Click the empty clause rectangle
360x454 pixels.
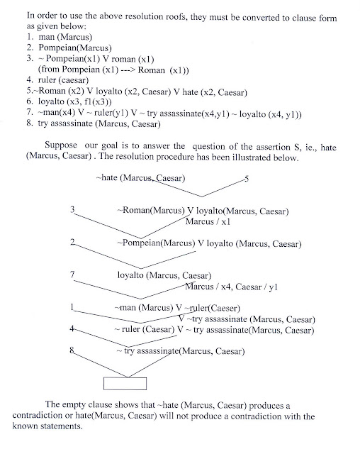click(x=125, y=383)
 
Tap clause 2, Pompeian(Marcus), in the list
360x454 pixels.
click(x=69, y=48)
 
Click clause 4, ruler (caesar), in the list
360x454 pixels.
click(x=57, y=79)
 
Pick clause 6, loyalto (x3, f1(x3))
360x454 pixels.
click(x=69, y=101)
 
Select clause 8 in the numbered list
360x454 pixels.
click(x=94, y=123)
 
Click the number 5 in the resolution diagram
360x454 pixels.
click(x=247, y=179)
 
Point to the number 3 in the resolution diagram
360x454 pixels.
click(x=72, y=209)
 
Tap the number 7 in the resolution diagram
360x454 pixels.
click(x=72, y=274)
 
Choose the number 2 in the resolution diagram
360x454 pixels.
click(x=72, y=242)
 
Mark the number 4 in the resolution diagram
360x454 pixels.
click(x=72, y=328)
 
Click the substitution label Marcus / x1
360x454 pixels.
click(x=208, y=221)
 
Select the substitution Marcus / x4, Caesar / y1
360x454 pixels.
click(x=231, y=287)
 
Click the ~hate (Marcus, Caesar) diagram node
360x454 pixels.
click(x=140, y=177)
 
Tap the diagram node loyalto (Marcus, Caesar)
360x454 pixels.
click(x=164, y=275)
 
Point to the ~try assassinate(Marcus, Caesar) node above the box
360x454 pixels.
click(x=181, y=351)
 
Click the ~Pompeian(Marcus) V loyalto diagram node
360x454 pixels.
click(x=209, y=243)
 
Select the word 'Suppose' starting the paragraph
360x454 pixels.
click(x=61, y=145)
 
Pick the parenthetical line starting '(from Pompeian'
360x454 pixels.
click(x=113, y=70)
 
